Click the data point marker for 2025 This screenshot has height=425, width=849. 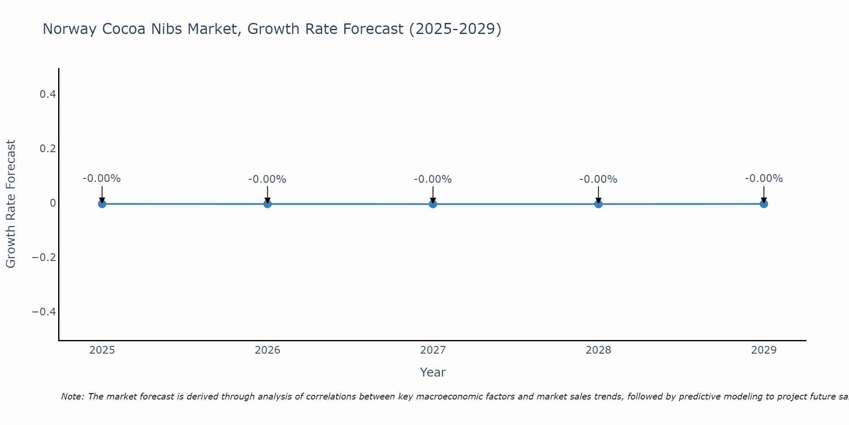pos(102,204)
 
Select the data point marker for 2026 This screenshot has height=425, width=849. pos(267,204)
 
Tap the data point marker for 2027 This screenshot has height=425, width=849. pos(433,204)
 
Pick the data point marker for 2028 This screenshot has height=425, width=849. pos(599,204)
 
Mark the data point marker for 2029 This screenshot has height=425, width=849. pos(764,204)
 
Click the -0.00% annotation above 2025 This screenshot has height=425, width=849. pos(102,178)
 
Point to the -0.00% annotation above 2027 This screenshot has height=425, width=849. pos(433,179)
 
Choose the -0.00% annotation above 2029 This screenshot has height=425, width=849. pos(764,178)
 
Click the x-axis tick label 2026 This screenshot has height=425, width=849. pos(267,350)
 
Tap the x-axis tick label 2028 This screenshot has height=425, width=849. pos(599,350)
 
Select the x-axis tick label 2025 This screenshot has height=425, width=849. pos(102,350)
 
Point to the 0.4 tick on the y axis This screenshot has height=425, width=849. pos(48,94)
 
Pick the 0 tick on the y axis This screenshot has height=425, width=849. pos(53,203)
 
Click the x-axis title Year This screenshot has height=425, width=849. pos(433,372)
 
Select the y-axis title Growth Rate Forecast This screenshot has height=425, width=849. pos(11,204)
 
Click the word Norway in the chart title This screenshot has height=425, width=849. pos(70,29)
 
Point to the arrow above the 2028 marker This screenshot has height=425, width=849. pos(599,194)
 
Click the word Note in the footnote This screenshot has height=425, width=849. pos(72,397)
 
